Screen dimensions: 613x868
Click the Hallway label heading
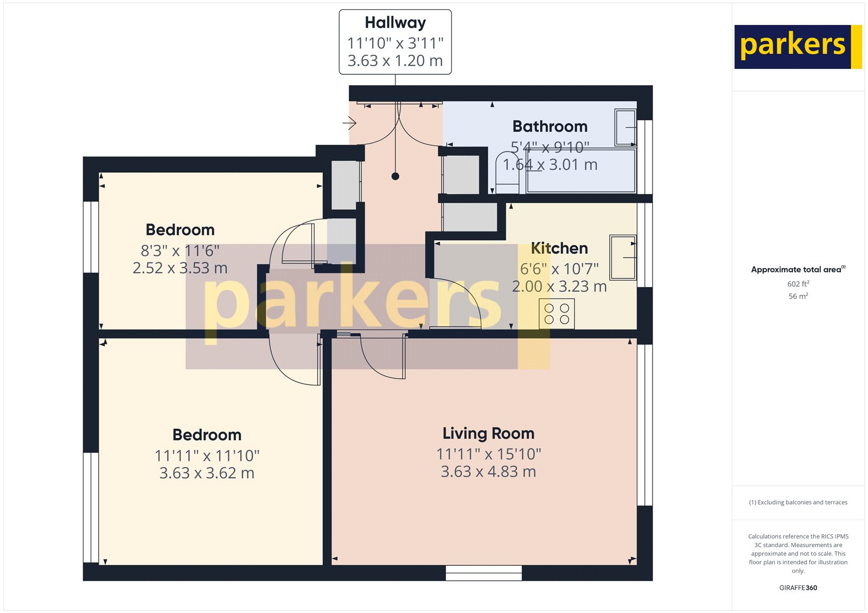point(395,23)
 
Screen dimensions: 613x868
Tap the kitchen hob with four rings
point(557,314)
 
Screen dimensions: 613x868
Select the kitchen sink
point(622,257)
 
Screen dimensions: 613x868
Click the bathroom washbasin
point(625,127)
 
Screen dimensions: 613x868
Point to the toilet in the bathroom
point(508,172)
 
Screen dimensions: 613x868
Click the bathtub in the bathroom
point(580,171)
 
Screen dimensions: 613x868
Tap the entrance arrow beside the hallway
point(349,124)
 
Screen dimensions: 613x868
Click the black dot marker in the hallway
point(395,176)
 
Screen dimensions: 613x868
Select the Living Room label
point(488,434)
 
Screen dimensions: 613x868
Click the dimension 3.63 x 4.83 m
point(488,472)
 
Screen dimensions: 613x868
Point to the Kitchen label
point(559,248)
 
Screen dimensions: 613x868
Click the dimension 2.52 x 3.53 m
point(180,268)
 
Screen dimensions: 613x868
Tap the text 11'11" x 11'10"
point(207,456)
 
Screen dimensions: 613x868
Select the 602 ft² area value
point(798,284)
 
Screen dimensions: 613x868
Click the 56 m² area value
point(798,296)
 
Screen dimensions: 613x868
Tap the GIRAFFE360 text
point(798,588)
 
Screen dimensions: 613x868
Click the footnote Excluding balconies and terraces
point(798,502)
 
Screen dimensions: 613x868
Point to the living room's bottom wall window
point(483,573)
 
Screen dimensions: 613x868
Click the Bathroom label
point(550,127)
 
